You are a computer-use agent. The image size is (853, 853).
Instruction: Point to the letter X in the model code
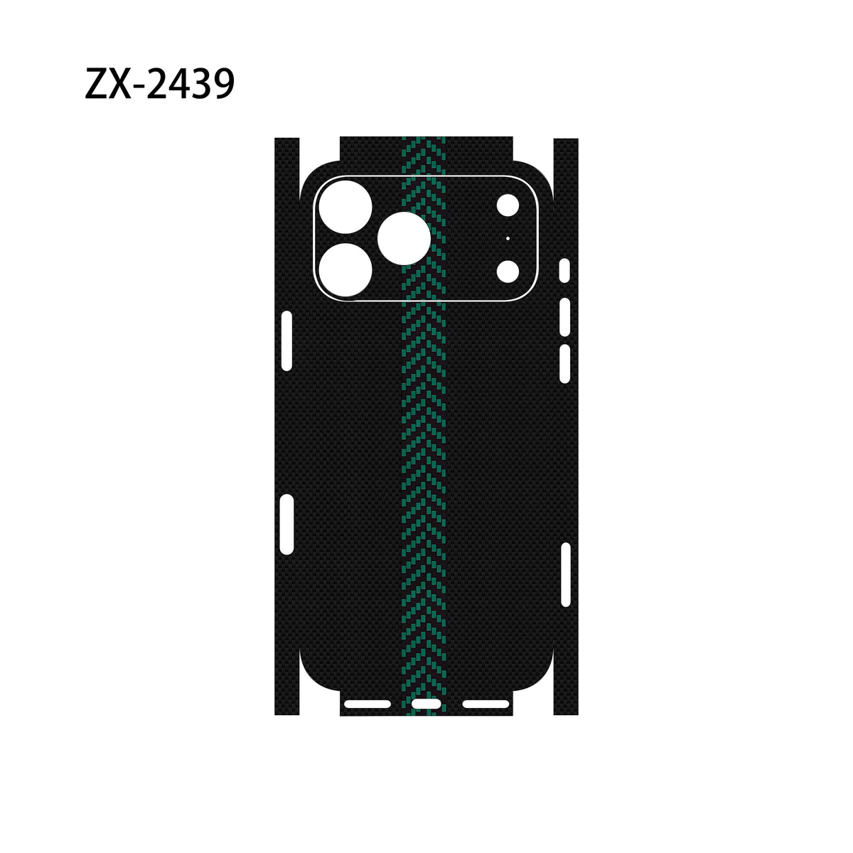pos(120,84)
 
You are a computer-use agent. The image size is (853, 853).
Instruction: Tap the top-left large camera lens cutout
pos(345,207)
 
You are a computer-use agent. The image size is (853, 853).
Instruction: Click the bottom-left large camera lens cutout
pos(345,269)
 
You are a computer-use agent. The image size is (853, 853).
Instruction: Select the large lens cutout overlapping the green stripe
pos(404,238)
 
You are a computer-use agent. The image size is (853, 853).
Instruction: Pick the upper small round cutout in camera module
pos(508,205)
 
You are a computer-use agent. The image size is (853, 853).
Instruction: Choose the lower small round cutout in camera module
pos(508,272)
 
